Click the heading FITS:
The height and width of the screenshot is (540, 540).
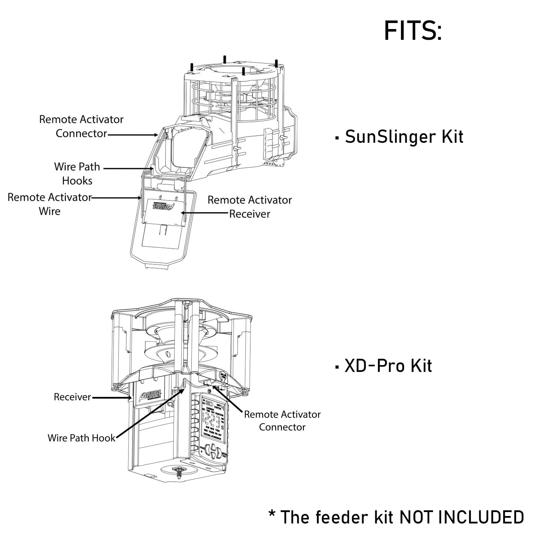[x=412, y=31]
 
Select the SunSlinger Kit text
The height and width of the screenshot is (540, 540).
[x=404, y=137]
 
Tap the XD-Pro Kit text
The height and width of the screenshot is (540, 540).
[x=388, y=366]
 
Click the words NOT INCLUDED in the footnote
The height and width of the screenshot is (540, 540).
[x=461, y=517]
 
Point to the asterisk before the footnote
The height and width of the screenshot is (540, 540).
[x=272, y=514]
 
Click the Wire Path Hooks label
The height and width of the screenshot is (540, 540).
[x=77, y=173]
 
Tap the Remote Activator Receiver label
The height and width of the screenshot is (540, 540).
[x=249, y=207]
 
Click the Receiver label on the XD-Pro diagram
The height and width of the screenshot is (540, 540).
[x=72, y=397]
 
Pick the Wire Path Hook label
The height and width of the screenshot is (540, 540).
[x=81, y=438]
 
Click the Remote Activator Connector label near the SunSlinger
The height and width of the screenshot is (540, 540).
[x=81, y=126]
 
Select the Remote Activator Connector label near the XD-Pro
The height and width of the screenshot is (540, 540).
[x=282, y=421]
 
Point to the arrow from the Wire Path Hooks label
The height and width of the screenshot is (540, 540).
[x=128, y=168]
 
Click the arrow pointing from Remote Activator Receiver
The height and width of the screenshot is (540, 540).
[x=204, y=213]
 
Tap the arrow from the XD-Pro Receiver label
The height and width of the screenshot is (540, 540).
[x=111, y=398]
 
